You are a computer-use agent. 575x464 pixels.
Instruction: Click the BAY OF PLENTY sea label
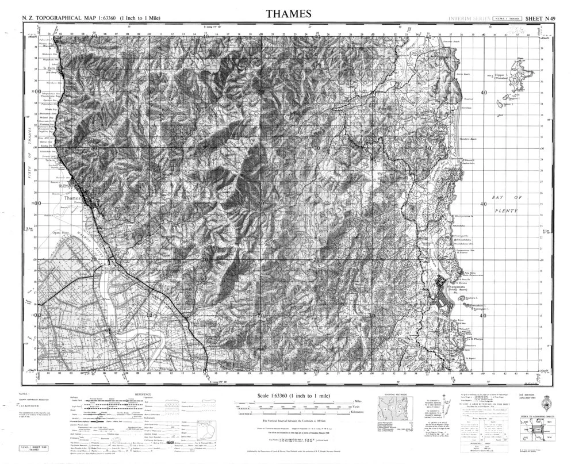point(504,204)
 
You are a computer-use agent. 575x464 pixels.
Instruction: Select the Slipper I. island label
point(499,75)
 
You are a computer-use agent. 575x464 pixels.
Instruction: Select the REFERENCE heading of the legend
point(144,394)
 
